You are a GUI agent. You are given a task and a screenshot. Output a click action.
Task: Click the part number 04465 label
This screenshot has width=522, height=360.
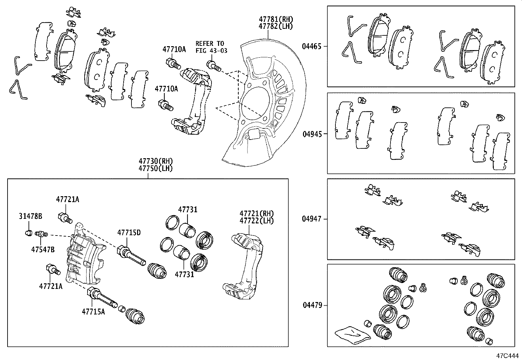(312, 47)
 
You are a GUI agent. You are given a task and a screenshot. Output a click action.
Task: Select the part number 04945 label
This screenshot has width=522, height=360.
(312, 134)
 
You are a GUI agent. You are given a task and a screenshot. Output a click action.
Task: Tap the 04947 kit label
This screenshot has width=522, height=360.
(312, 218)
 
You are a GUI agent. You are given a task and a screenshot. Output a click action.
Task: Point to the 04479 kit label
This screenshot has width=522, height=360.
(312, 305)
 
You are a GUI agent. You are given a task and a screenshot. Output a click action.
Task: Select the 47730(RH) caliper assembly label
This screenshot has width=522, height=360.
(155, 161)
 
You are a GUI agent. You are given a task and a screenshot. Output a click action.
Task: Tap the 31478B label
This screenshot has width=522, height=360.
(30, 217)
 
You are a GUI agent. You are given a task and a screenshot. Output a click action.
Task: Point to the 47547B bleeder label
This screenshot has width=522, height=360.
(43, 249)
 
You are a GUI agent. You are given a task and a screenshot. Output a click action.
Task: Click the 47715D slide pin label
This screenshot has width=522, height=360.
(129, 233)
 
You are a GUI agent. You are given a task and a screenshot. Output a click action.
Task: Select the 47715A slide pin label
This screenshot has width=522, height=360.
(93, 312)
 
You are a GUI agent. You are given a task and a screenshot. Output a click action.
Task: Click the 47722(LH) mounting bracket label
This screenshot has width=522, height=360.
(256, 220)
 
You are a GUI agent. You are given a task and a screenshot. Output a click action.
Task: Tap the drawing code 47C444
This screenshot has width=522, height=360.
(507, 355)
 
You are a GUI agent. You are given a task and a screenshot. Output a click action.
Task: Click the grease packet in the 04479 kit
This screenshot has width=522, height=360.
(352, 335)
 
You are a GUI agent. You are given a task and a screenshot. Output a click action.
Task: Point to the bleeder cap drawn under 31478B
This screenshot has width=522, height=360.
(29, 233)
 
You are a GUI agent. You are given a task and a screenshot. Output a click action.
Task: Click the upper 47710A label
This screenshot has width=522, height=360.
(174, 49)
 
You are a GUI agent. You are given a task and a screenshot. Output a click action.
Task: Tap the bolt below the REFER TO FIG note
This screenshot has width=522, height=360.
(212, 65)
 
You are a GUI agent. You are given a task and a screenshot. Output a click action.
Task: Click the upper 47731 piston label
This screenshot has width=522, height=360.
(188, 209)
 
